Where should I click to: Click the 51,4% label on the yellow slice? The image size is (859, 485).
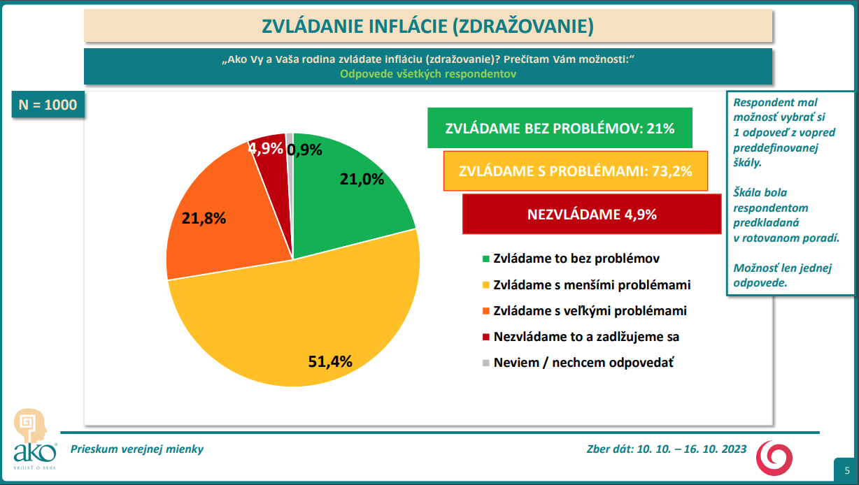coord(330,361)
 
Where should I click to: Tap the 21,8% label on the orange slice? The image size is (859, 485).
coord(204,218)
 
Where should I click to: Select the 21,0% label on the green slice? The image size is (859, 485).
coord(362,179)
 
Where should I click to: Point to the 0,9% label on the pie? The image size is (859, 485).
coord(305,148)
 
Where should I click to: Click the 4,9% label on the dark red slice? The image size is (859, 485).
coord(266,148)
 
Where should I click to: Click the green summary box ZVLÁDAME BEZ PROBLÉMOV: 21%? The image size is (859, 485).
coord(560,129)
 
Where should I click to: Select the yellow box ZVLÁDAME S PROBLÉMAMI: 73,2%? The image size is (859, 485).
coord(575,170)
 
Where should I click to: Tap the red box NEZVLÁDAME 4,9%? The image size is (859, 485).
coord(592,215)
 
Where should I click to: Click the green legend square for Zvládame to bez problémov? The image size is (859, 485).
coord(486,259)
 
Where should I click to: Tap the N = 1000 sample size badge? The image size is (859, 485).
coord(48,105)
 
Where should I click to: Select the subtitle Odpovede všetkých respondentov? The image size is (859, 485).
coord(428,73)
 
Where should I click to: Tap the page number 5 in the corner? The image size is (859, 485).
coord(847,470)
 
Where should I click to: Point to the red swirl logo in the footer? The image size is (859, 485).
coord(776,457)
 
